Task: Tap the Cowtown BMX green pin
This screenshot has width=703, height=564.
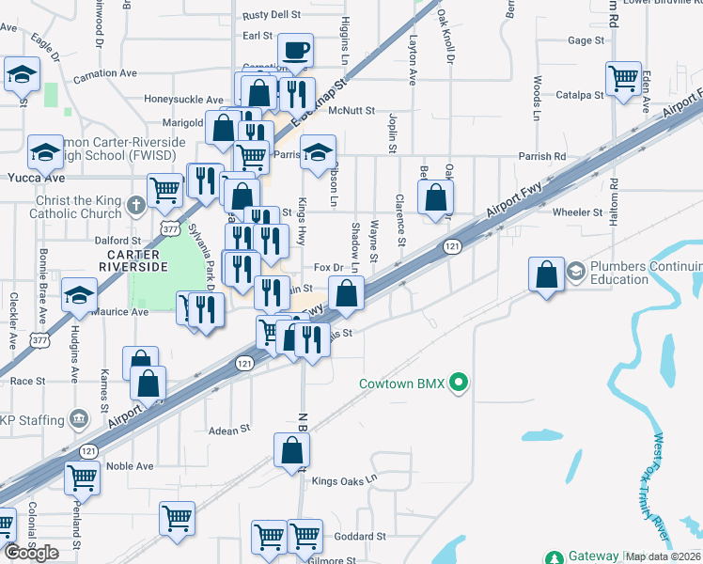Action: tap(459, 383)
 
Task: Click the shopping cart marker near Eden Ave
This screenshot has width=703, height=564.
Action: tap(623, 79)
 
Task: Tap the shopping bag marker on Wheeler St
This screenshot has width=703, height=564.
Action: tap(435, 198)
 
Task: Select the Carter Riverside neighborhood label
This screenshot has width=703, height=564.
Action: tap(136, 260)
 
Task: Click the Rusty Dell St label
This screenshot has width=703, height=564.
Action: tap(272, 15)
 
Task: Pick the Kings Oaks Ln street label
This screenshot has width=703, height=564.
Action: tap(344, 479)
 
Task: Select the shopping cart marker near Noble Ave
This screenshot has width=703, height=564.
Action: tap(83, 477)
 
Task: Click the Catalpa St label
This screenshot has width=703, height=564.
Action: tap(579, 95)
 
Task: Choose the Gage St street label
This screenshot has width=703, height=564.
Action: tap(586, 40)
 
